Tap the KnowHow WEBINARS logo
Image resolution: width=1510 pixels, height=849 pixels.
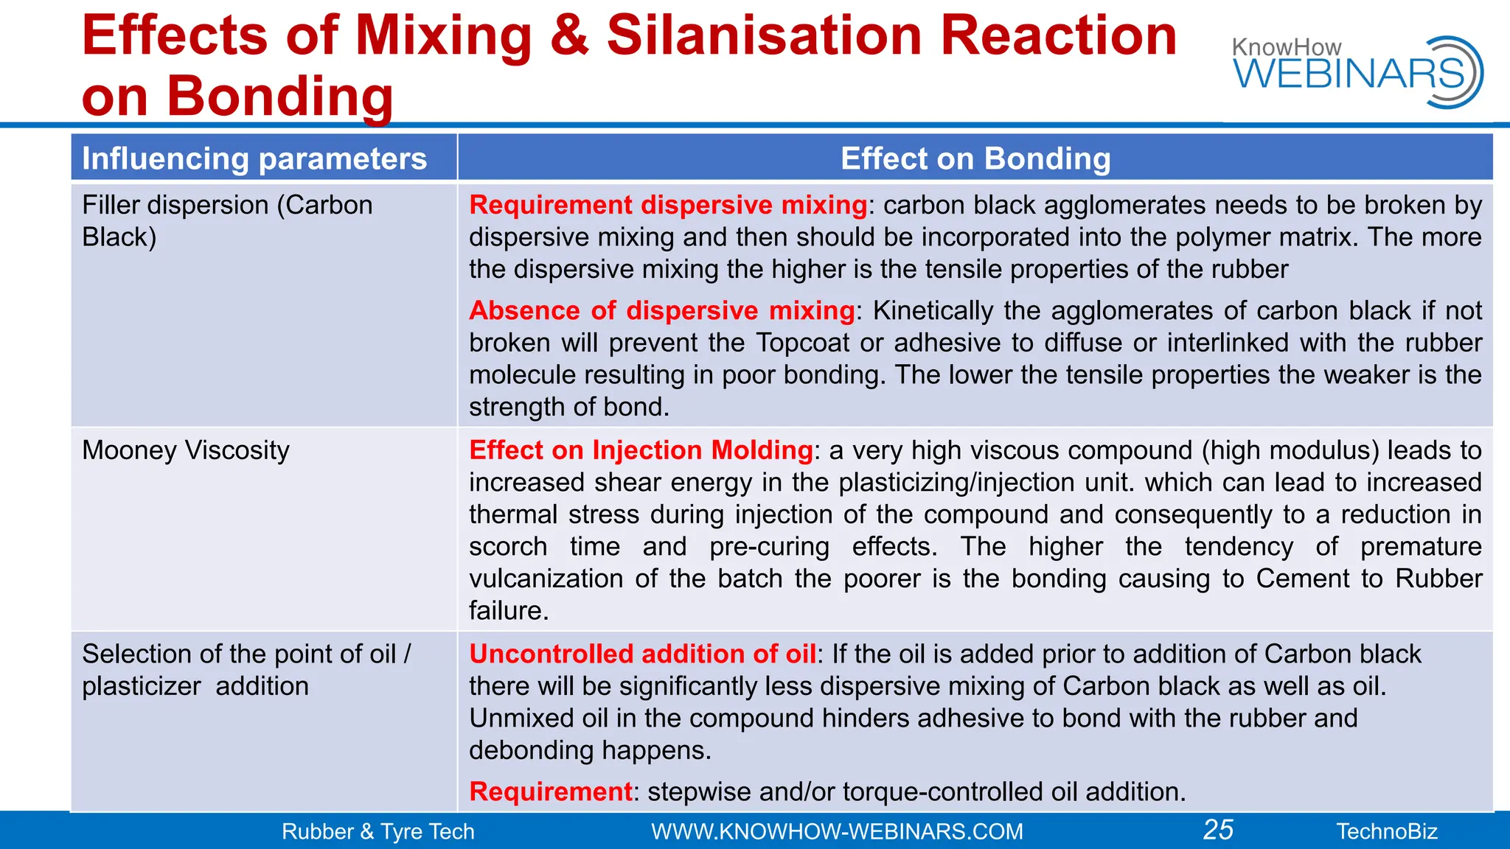point(1357,71)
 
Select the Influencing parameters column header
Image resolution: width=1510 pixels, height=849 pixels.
point(254,158)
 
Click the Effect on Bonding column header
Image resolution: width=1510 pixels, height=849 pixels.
point(975,158)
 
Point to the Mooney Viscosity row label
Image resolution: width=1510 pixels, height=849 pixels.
point(186,450)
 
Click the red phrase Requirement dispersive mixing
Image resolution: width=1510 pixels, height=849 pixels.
point(668,205)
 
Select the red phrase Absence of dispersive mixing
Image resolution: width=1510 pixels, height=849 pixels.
point(661,310)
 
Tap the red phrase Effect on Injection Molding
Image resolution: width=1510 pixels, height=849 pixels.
point(641,450)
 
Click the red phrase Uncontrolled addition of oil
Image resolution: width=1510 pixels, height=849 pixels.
point(642,654)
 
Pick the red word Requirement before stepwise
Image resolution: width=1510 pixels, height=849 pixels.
point(551,792)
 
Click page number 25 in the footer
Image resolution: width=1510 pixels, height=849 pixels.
point(1218,830)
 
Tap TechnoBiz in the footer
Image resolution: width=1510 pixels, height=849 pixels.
point(1387,831)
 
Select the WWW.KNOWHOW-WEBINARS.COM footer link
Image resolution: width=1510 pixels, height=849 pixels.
point(837,831)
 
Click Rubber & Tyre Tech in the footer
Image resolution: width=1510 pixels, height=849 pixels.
point(377,831)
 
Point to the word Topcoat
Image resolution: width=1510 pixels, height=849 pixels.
point(802,343)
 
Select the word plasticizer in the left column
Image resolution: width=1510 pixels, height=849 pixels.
point(142,686)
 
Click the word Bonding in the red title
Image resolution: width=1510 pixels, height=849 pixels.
point(280,96)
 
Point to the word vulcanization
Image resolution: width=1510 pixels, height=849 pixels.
point(546,579)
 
